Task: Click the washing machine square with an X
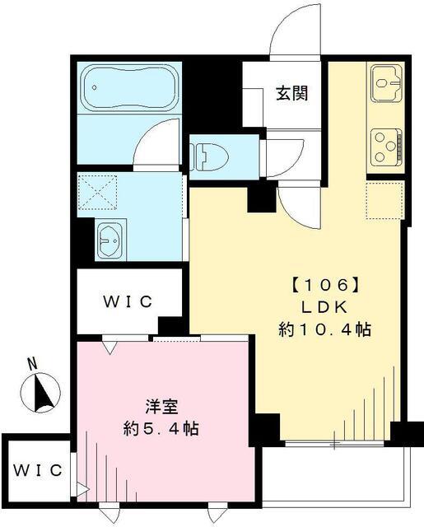tap(100, 195)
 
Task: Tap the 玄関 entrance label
tap(292, 93)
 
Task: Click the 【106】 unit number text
tap(323, 285)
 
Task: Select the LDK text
tap(323, 307)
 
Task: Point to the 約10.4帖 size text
tap(323, 329)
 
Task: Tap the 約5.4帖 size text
tap(161, 428)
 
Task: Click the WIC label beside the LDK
tap(128, 302)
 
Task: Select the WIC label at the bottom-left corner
tap(37, 471)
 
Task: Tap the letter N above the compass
tap(31, 363)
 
